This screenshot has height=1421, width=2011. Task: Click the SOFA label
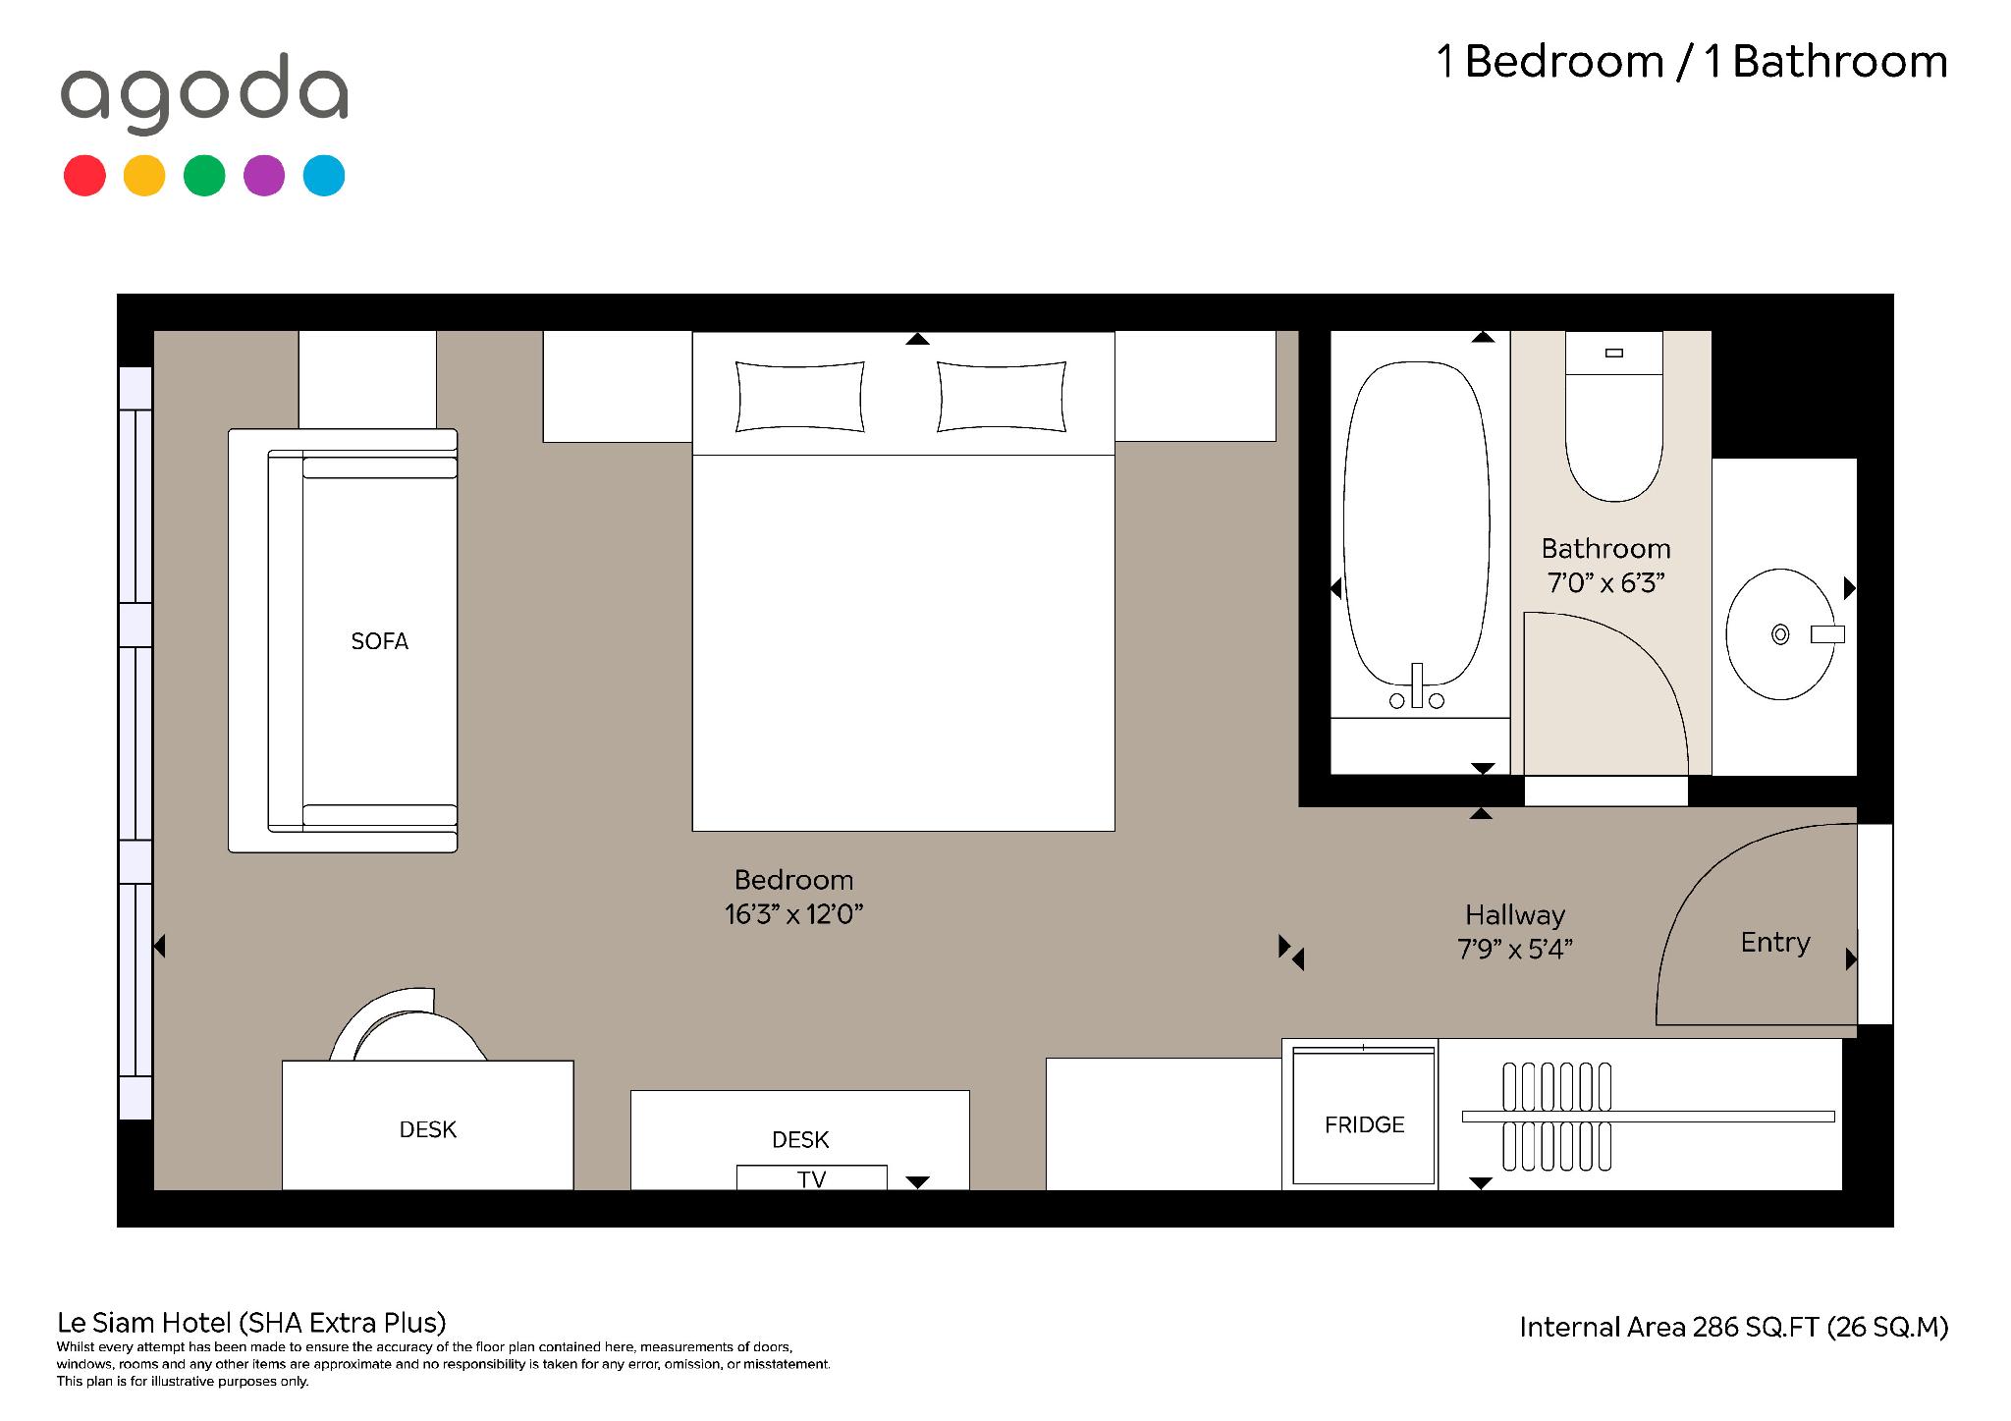click(x=379, y=641)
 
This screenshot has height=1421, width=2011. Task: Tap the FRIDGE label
click(x=1364, y=1124)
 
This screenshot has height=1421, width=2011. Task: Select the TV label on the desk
click(x=811, y=1178)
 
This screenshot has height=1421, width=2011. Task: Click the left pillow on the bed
click(x=800, y=397)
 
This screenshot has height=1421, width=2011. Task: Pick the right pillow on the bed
click(x=1002, y=397)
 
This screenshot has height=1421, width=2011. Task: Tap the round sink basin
click(x=1780, y=634)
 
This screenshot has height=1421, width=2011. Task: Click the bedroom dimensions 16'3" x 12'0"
click(x=793, y=914)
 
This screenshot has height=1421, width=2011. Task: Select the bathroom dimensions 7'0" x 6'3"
click(x=1605, y=583)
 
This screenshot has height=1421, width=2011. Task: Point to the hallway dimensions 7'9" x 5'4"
click(x=1515, y=950)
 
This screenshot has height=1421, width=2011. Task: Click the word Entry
click(x=1775, y=943)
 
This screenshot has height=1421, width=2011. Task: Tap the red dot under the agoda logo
click(x=84, y=176)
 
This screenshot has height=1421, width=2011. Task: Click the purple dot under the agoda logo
click(x=264, y=176)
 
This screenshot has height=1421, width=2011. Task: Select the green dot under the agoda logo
click(x=204, y=176)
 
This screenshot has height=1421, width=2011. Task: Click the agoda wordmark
click(x=204, y=92)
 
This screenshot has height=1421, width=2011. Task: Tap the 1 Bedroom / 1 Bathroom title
click(x=1692, y=62)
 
